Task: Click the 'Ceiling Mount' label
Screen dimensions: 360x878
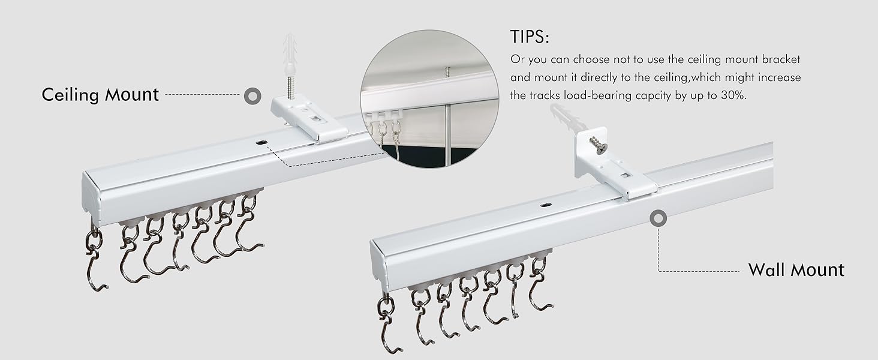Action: [100, 95]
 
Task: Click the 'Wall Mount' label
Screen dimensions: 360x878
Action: [796, 270]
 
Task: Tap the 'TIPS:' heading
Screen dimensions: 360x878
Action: [530, 37]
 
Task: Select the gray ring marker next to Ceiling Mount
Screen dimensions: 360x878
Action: [252, 95]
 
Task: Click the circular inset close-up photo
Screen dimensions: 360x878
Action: [429, 98]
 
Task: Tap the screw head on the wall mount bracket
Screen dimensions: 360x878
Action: [597, 144]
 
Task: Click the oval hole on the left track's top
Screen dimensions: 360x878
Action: [261, 143]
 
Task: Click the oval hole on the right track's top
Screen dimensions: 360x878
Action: [545, 205]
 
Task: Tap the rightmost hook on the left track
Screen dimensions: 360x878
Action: [248, 225]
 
